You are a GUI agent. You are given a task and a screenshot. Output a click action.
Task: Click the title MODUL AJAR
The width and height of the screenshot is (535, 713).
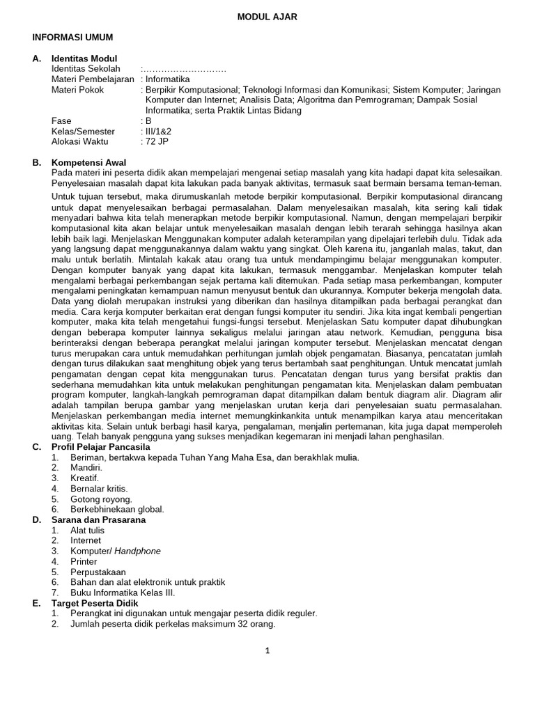267,17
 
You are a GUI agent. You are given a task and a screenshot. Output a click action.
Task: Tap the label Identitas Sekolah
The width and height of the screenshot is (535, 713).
86,69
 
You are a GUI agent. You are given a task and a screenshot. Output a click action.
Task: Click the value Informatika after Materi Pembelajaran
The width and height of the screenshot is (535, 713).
168,79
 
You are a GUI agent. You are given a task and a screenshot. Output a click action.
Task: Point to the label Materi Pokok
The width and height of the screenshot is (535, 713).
77,90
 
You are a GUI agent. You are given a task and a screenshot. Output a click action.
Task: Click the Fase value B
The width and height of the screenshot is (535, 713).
148,120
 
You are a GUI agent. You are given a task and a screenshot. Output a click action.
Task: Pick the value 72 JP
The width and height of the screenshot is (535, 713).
157,141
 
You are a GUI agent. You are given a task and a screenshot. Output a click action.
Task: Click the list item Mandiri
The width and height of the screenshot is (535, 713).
86,468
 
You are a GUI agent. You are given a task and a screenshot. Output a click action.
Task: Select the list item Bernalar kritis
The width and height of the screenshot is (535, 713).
99,489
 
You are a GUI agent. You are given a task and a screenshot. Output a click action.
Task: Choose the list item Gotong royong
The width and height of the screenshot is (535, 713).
101,499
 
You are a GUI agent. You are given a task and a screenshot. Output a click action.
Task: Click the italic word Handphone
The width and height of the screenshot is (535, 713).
139,551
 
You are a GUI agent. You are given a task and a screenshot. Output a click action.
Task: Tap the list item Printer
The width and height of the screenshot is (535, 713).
85,561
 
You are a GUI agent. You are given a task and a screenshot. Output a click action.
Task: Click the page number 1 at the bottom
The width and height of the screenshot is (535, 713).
267,651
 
